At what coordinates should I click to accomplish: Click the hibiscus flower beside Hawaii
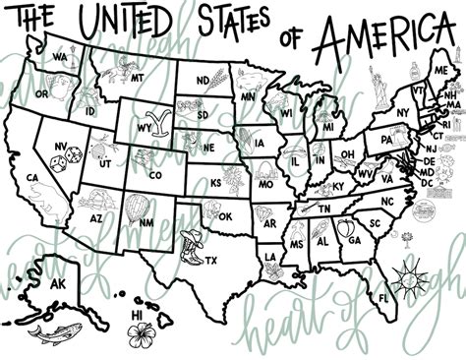tap(143, 330)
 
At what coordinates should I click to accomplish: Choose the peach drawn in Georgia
tap(345, 229)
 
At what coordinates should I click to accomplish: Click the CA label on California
tap(32, 178)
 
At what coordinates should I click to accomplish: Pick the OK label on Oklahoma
tap(225, 216)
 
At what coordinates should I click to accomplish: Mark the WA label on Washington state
tap(60, 57)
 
